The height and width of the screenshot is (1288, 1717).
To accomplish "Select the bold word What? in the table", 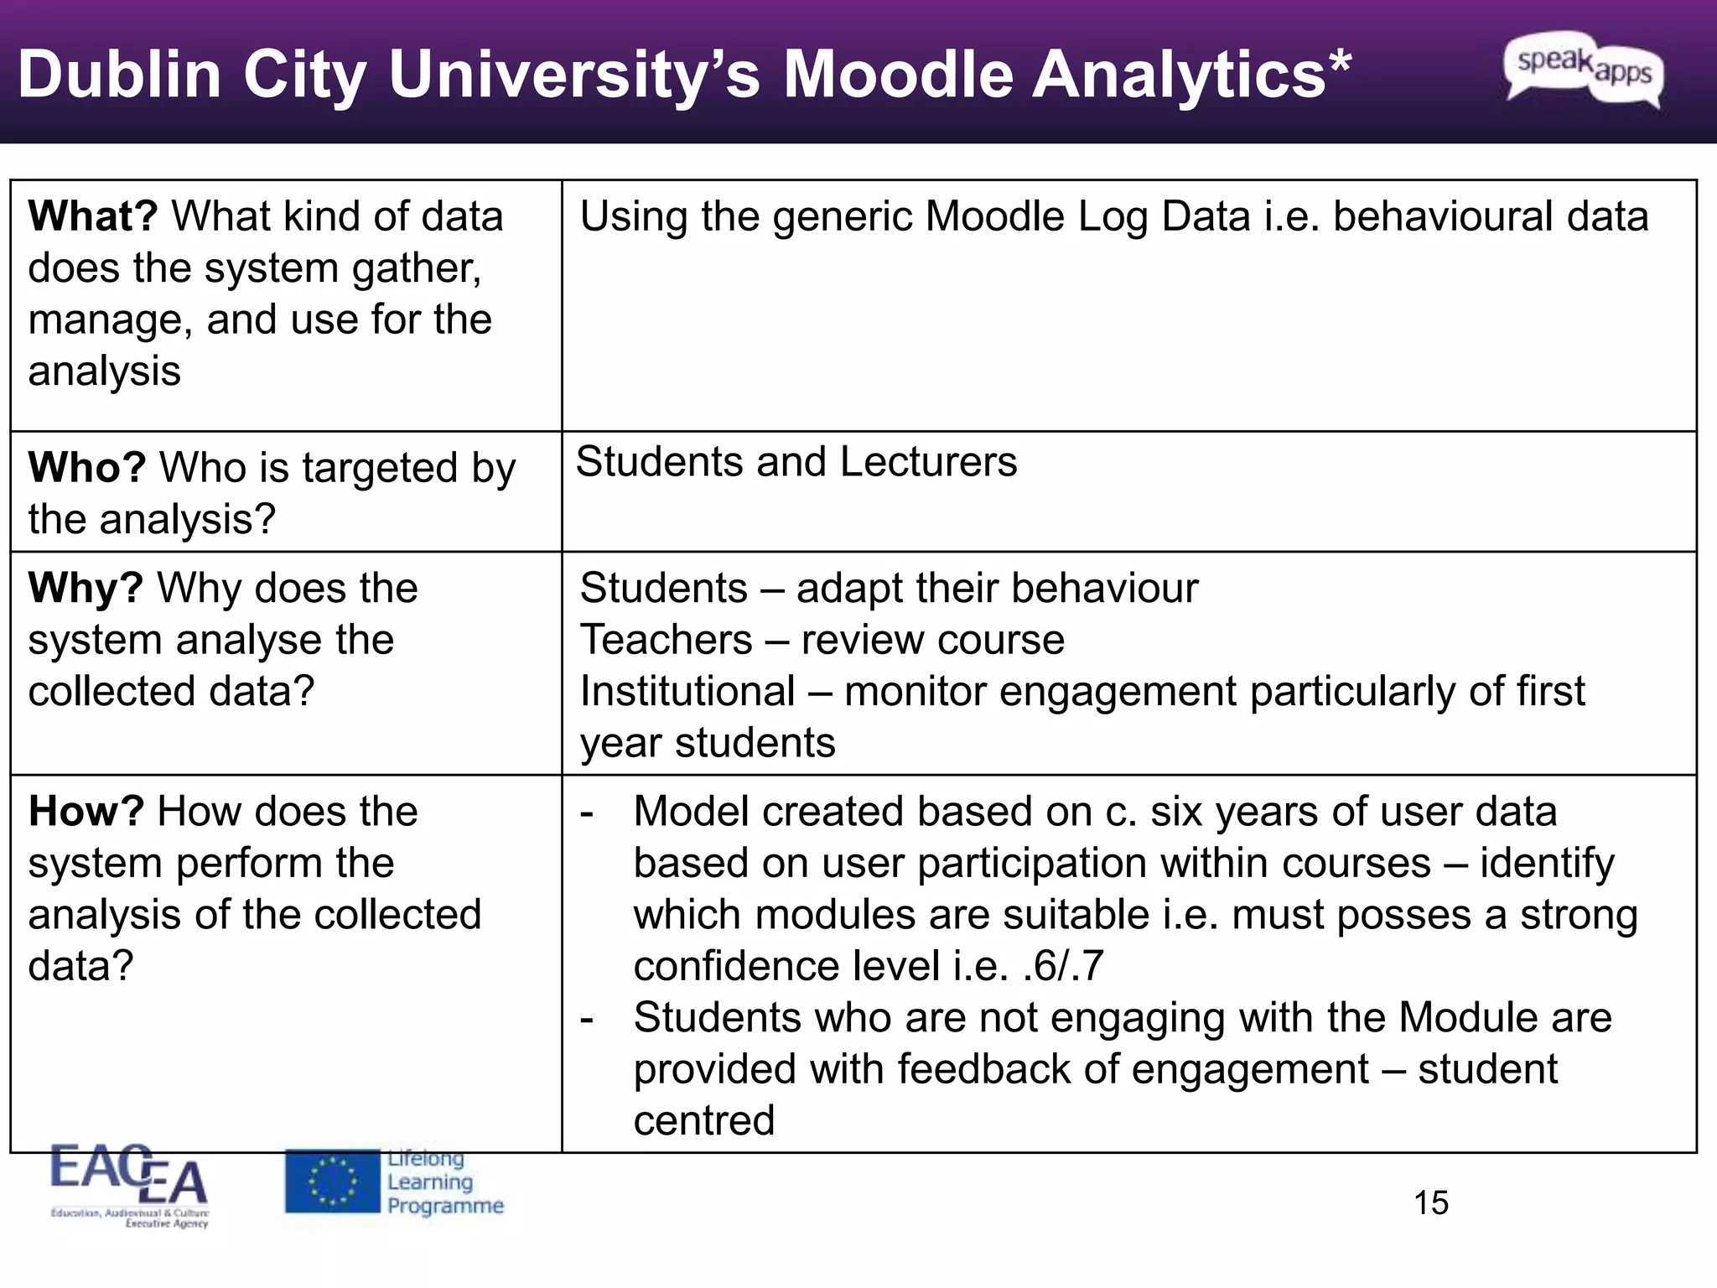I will (x=93, y=216).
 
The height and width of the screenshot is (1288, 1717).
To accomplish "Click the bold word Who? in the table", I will (x=87, y=467).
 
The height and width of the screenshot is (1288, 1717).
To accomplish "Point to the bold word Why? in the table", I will (x=86, y=588).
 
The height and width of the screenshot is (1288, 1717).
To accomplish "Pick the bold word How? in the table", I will (x=86, y=812).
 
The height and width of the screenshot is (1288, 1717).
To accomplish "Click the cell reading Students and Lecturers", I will (x=796, y=462).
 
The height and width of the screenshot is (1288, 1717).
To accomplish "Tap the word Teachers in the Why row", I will (x=667, y=640).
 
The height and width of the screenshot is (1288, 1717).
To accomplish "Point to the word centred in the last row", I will (x=704, y=1120).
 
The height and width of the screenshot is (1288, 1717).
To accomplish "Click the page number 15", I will (x=1431, y=1203).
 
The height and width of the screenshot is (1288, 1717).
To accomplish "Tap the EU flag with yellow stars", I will (x=333, y=1182).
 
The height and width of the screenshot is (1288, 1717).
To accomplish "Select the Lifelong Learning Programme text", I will (x=445, y=1182).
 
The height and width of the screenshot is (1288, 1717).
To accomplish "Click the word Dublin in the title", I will (x=119, y=75).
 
